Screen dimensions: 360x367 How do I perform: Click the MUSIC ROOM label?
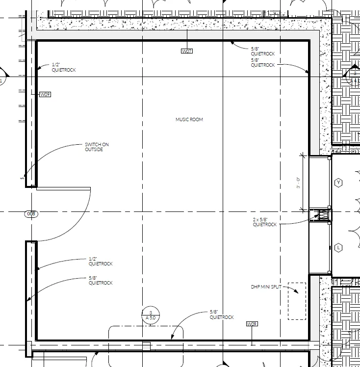[x=189, y=119]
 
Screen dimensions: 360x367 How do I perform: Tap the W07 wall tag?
[x=187, y=51]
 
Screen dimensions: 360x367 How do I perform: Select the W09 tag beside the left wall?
[x=45, y=94]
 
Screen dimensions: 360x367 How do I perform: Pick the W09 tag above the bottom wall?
[x=252, y=324]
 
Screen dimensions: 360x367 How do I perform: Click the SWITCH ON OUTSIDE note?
[x=97, y=147]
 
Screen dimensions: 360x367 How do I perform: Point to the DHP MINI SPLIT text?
[x=266, y=287]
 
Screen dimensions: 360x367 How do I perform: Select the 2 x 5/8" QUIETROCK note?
[x=264, y=222]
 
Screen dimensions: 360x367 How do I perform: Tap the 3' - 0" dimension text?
[x=298, y=183]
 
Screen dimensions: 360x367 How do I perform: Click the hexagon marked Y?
[x=338, y=183]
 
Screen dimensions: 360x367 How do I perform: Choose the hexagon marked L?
[x=338, y=248]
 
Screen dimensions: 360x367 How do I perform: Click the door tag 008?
[x=31, y=214]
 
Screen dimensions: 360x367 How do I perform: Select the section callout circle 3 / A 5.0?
[x=151, y=315]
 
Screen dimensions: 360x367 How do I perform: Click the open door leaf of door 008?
[x=63, y=188]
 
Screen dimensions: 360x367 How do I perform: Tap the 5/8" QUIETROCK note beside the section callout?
[x=222, y=315]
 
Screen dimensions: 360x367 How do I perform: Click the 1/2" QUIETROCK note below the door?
[x=101, y=261]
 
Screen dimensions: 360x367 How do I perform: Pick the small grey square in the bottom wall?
[x=147, y=346]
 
